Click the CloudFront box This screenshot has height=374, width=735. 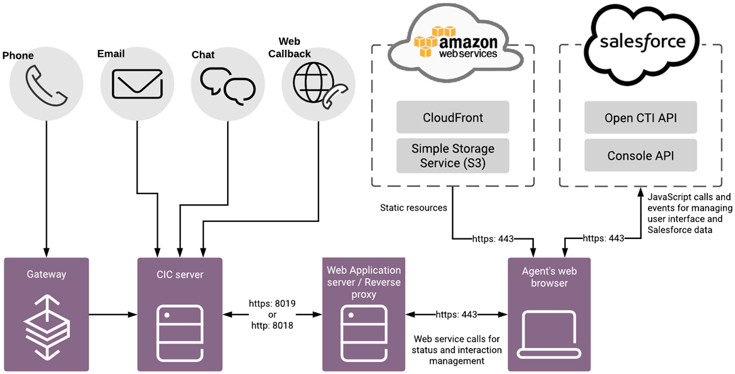point(452,117)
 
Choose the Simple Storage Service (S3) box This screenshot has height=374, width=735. point(452,156)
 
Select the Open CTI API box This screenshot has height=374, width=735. point(640,117)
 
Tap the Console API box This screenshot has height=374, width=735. point(640,155)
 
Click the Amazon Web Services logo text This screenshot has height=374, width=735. point(467,45)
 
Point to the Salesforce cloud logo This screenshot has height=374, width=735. point(642,42)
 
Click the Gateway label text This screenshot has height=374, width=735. point(46,274)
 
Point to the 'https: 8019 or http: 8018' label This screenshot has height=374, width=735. point(272,314)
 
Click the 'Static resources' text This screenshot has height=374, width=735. point(413,207)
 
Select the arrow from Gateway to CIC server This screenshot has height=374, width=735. point(113,313)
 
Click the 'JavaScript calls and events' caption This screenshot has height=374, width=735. point(690,214)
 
